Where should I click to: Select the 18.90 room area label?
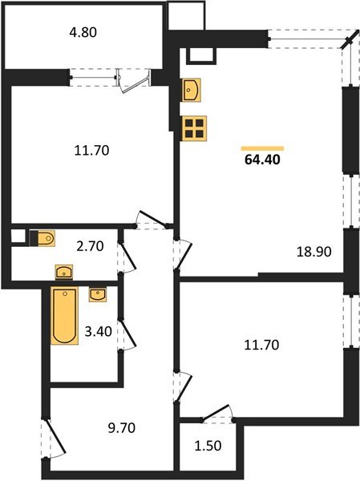pos(313,251)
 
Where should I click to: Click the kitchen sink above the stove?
pos(192,89)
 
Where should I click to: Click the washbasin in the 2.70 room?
pos(47,237)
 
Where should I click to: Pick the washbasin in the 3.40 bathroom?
pos(98,295)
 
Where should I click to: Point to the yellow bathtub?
pos(65,316)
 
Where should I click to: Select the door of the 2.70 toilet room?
pos(122,257)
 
